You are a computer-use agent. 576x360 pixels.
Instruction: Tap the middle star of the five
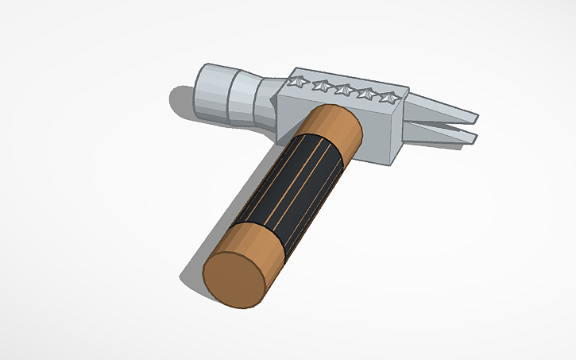(x=343, y=89)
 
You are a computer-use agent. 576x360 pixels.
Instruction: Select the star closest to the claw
(x=389, y=98)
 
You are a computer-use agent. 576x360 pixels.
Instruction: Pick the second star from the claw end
(x=366, y=94)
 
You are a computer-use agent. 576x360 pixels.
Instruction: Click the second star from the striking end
(x=321, y=84)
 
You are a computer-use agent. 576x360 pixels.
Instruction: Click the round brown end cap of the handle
(x=236, y=279)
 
